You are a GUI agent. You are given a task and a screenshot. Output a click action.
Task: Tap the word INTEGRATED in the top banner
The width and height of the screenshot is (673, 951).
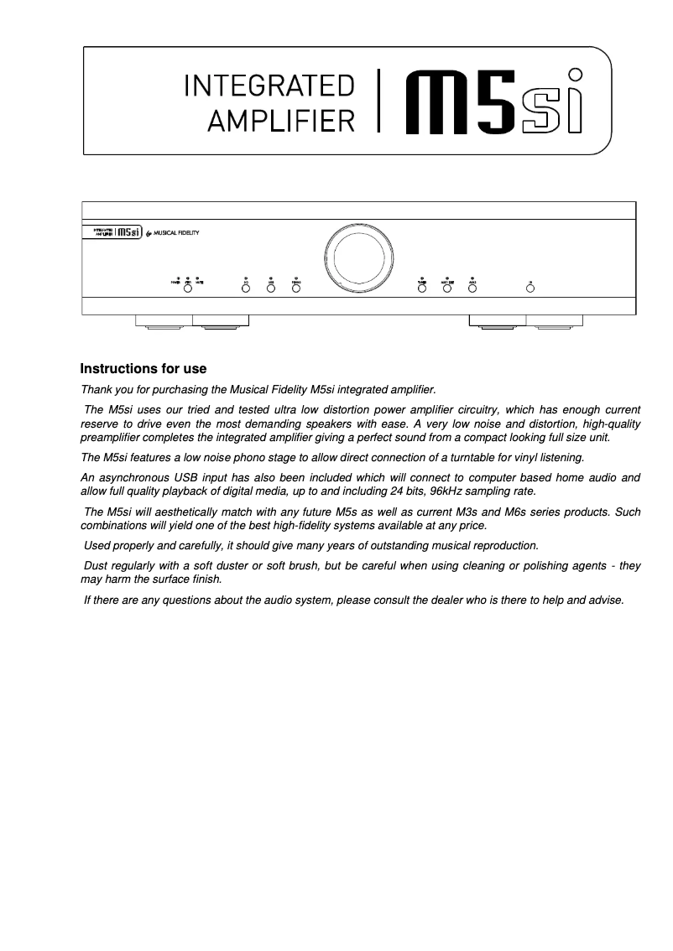point(269,86)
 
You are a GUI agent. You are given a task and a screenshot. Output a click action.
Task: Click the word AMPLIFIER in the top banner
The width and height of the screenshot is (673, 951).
point(281,122)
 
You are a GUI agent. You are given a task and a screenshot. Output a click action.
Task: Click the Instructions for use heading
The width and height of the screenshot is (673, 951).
point(143,369)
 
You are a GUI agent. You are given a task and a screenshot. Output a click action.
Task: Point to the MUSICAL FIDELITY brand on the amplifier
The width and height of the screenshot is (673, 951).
point(175,232)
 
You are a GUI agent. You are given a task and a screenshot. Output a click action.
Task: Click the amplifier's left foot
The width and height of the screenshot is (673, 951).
point(192,321)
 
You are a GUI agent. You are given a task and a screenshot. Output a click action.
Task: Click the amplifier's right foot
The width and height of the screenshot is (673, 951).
point(526,321)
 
